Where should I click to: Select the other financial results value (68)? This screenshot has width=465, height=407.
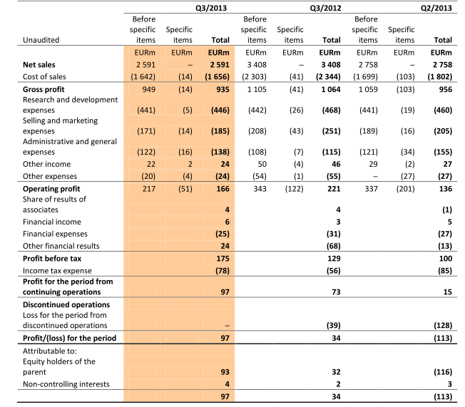[332, 246]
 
